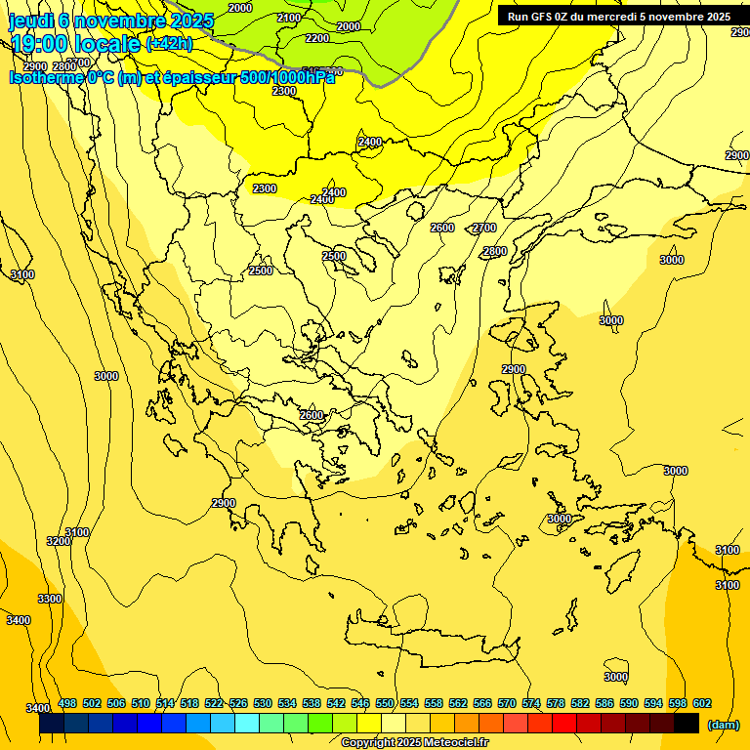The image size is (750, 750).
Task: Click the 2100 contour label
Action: pos(289,18)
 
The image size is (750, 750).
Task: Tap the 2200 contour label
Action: pos(317,38)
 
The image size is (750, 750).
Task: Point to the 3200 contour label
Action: pos(59,541)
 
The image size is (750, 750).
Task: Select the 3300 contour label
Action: pos(49,599)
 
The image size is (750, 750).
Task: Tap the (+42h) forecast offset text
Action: pos(169,43)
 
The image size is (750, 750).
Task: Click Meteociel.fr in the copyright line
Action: pos(454,743)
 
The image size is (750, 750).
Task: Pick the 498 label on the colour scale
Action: pos(67,703)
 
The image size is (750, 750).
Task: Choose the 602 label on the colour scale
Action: pos(702,703)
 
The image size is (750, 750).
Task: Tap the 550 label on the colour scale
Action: pos(385,703)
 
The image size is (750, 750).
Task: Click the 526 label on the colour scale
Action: pos(238,703)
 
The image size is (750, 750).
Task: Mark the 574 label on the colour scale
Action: pos(531,703)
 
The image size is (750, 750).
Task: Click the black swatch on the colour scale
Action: pos(687,724)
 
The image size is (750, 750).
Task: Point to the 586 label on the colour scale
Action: pos(604,703)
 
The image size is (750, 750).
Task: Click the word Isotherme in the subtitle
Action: pos(45,77)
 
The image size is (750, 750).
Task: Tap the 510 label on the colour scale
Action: pos(141,703)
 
